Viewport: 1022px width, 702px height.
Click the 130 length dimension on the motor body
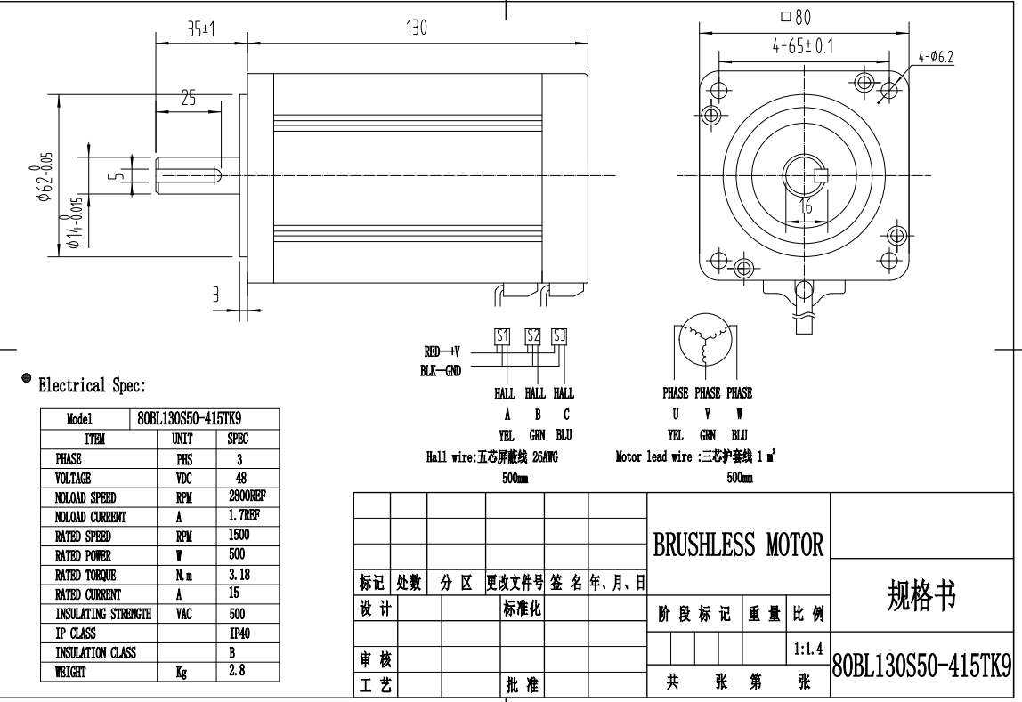tap(417, 28)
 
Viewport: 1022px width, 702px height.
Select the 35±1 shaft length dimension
tap(201, 28)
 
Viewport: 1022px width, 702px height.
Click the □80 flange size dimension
tap(796, 17)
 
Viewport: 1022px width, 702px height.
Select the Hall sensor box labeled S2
tap(532, 337)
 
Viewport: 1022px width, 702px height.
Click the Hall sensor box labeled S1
tap(502, 337)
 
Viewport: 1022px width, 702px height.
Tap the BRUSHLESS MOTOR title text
tap(738, 545)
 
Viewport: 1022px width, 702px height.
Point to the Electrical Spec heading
tap(91, 386)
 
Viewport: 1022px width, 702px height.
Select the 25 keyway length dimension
tap(188, 99)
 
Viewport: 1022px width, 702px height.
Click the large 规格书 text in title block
tap(922, 597)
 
